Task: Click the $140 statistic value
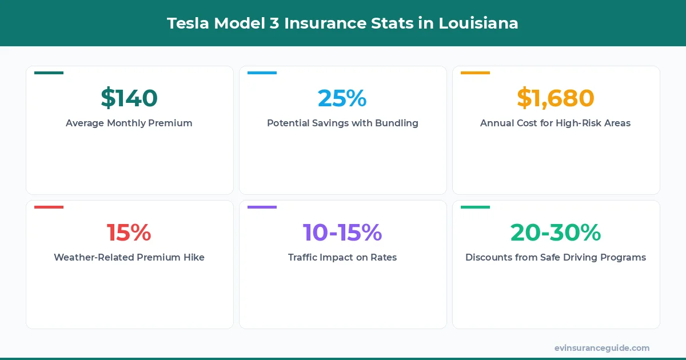coord(129,98)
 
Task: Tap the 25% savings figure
coord(342,98)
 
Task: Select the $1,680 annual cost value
coord(555,98)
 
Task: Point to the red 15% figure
coord(129,232)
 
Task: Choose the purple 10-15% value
coord(342,232)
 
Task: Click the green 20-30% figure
coord(555,232)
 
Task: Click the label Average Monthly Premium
coord(129,123)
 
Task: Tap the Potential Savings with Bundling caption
coord(342,123)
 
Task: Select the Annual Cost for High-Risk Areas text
coord(555,123)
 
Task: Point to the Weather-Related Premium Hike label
coord(129,257)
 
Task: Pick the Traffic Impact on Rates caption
coord(342,257)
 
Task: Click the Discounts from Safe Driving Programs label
coord(555,257)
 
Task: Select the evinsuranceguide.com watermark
coord(601,347)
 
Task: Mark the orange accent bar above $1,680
coord(475,73)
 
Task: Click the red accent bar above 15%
coord(49,207)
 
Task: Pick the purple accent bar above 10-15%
coord(262,207)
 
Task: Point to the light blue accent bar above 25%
coord(262,73)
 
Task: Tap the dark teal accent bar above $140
coord(49,73)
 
